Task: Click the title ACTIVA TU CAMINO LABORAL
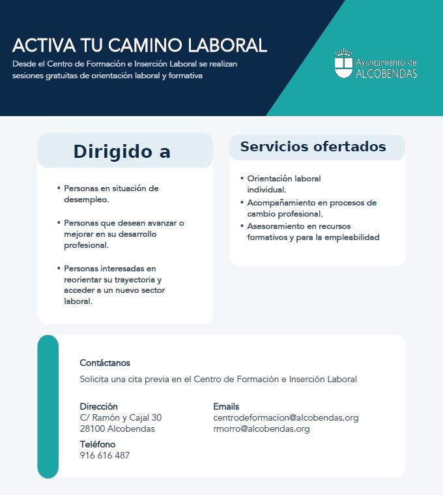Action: click(139, 46)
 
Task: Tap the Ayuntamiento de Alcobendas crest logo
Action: click(343, 64)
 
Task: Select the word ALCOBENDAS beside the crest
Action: click(386, 73)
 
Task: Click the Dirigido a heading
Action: click(122, 151)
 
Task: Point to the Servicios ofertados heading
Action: click(313, 147)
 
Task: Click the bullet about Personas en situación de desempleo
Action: click(111, 194)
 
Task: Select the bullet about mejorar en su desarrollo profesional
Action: click(124, 234)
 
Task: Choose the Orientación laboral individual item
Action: click(283, 184)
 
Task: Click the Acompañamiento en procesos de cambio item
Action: click(311, 208)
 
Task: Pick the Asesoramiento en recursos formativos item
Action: click(313, 232)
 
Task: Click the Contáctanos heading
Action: click(105, 363)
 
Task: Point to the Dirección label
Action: click(98, 406)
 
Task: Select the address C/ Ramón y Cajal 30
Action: click(121, 417)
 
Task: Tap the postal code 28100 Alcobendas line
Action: click(117, 428)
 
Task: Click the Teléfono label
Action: click(98, 444)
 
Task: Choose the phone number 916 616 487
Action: click(104, 455)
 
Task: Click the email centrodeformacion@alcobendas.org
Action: click(285, 417)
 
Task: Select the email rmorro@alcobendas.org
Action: click(261, 428)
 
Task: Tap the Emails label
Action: click(226, 406)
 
